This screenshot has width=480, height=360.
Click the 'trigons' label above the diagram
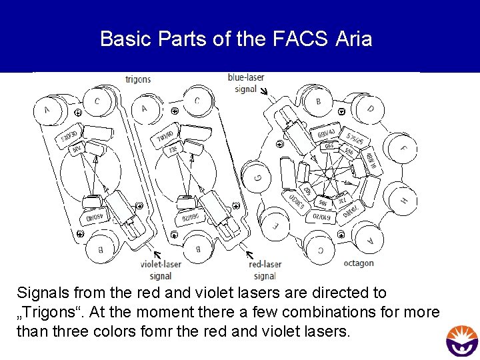pyautogui.click(x=138, y=79)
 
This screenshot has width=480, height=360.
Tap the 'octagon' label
pyautogui.click(x=359, y=263)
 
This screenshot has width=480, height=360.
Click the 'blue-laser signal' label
pyautogui.click(x=246, y=83)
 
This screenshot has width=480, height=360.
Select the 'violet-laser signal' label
pyautogui.click(x=161, y=270)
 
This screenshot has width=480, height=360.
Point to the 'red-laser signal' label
pyautogui.click(x=265, y=270)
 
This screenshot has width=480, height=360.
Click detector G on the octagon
pyautogui.click(x=259, y=177)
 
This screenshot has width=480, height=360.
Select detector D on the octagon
pyautogui.click(x=370, y=108)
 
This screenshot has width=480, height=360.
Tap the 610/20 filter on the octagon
pyautogui.click(x=322, y=217)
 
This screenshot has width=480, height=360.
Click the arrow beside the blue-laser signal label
pyautogui.click(x=263, y=91)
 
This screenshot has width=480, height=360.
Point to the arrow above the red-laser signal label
pyautogui.click(x=249, y=255)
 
